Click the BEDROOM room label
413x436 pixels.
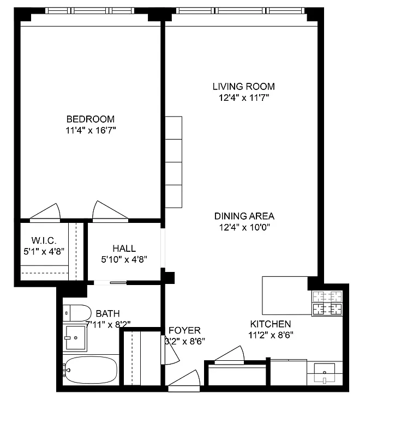pyautogui.click(x=91, y=119)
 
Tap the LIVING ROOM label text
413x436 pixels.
pyautogui.click(x=243, y=86)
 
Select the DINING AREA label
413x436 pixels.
pyautogui.click(x=244, y=216)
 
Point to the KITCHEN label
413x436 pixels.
pyautogui.click(x=271, y=324)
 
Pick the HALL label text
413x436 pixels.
pyautogui.click(x=124, y=249)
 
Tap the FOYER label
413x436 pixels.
pyautogui.click(x=184, y=330)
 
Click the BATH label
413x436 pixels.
pyautogui.click(x=107, y=313)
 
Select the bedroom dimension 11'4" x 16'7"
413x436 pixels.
pyautogui.click(x=91, y=131)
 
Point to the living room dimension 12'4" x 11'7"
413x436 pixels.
pyautogui.click(x=243, y=98)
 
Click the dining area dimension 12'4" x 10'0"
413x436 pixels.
pyautogui.click(x=244, y=227)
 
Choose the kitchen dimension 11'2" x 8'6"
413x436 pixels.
pyautogui.click(x=271, y=335)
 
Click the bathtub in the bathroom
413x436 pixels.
pyautogui.click(x=90, y=371)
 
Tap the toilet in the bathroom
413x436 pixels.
pyautogui.click(x=77, y=313)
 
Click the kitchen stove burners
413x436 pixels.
pyautogui.click(x=326, y=303)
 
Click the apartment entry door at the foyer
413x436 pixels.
pyautogui.click(x=184, y=381)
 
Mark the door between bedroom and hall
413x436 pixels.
pyautogui.click(x=110, y=213)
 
